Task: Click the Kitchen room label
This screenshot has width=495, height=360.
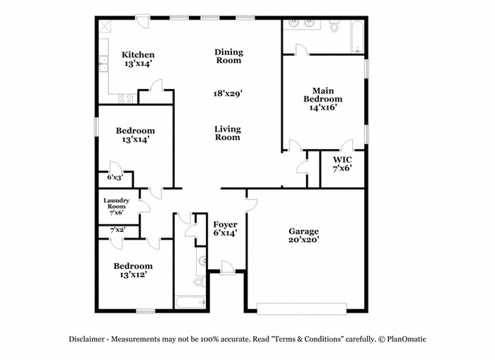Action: [138, 59]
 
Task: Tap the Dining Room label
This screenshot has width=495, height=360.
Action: [228, 56]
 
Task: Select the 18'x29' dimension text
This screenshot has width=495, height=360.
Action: [228, 93]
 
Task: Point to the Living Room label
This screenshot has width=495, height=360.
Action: [228, 133]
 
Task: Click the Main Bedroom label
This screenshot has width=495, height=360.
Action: [323, 99]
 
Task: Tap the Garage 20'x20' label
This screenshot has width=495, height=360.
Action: [304, 236]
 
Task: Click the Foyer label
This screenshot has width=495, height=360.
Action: [226, 228]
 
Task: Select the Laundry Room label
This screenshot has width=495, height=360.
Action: [116, 206]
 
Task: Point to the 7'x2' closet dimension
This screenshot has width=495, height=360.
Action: [117, 230]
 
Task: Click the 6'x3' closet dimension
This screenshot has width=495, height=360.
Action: [115, 177]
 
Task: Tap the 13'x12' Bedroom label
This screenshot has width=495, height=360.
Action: [134, 270]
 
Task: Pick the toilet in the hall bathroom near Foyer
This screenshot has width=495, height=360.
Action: [199, 281]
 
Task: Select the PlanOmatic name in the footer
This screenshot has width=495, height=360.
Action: [407, 339]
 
